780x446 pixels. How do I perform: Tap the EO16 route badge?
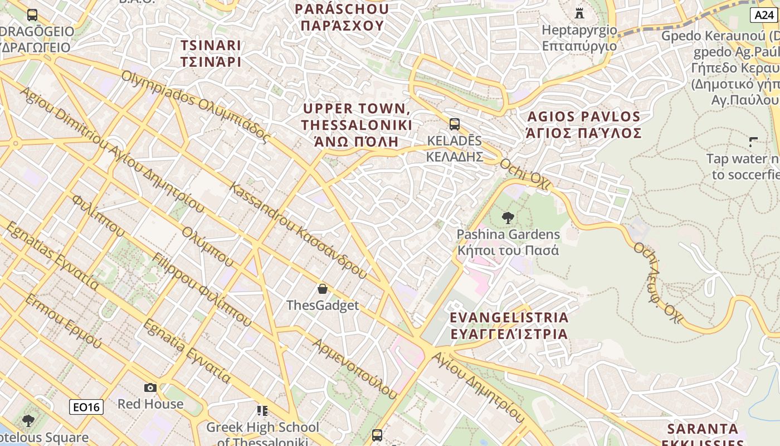[x=86, y=407]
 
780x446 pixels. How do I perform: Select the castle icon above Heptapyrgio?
[x=579, y=12]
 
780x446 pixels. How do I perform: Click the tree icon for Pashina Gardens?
[x=508, y=217]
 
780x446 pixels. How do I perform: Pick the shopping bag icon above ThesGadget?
[x=322, y=288]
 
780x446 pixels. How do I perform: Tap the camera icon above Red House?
[x=150, y=387]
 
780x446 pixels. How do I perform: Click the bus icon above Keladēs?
[x=454, y=124]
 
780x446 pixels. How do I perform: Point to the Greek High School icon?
[x=262, y=411]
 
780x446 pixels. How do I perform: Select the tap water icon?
[x=754, y=142]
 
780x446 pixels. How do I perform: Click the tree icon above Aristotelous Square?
[x=28, y=420]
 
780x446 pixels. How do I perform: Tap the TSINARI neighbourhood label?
[x=211, y=53]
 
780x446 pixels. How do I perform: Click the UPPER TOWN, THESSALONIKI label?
[x=357, y=124]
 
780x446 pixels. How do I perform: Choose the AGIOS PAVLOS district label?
[x=584, y=124]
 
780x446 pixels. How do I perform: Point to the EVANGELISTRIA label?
[x=509, y=326]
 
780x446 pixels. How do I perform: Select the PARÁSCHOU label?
[x=342, y=17]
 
